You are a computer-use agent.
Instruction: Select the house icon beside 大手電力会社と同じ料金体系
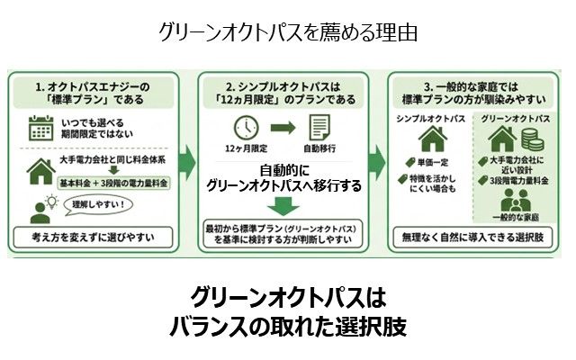(x=40, y=169)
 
